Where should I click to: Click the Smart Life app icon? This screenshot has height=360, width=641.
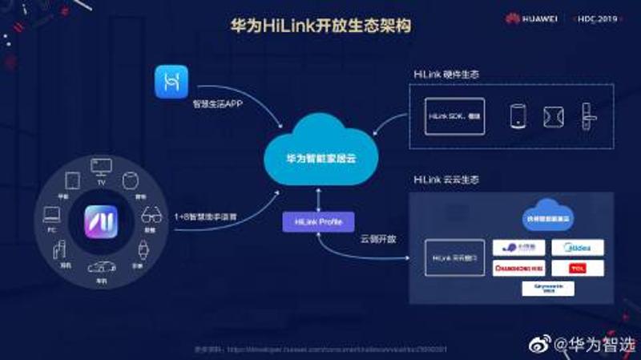pos(171,83)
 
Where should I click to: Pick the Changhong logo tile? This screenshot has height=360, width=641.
pos(519,268)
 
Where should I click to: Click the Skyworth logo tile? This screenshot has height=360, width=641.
pos(549,288)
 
